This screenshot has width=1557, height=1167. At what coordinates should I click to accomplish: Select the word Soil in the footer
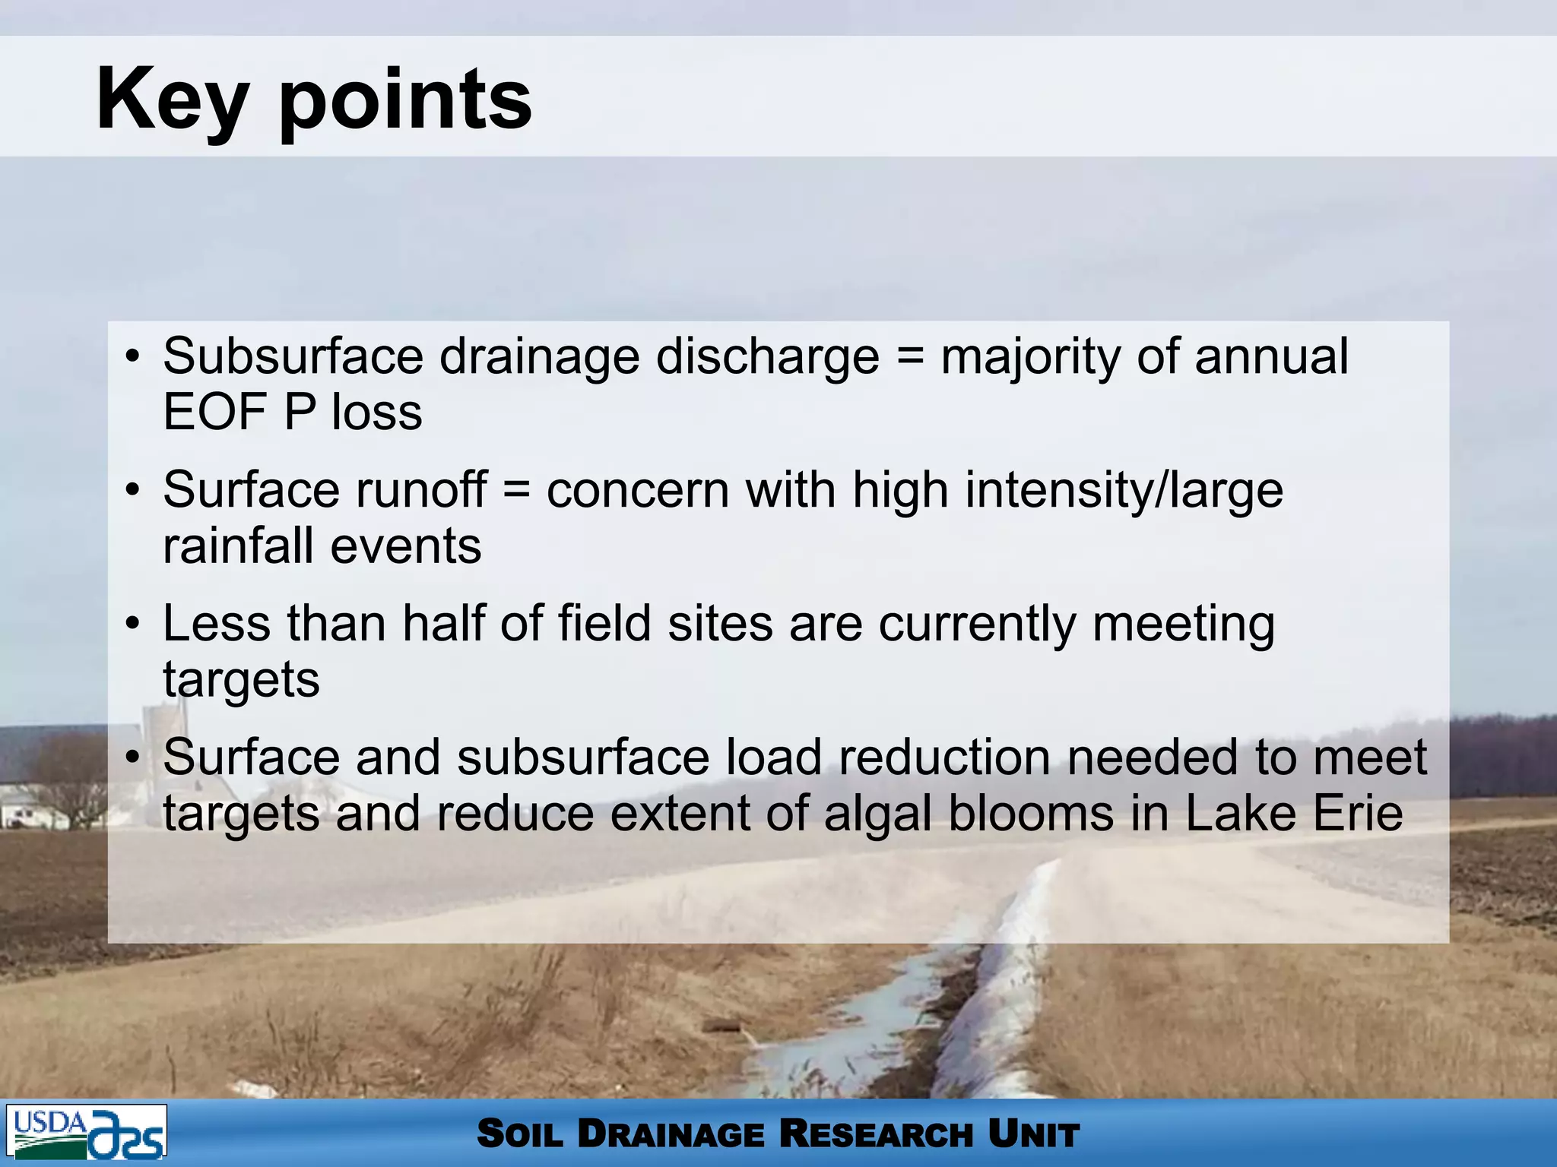(x=520, y=1134)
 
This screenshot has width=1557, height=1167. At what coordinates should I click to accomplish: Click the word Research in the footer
(x=876, y=1134)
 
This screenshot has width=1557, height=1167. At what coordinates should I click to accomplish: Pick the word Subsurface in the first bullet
(x=293, y=356)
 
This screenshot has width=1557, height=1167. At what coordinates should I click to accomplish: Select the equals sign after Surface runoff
(x=517, y=489)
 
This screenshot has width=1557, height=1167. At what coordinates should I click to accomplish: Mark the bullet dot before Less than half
(x=133, y=624)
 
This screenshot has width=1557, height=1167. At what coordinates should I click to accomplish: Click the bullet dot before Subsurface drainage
(x=133, y=356)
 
